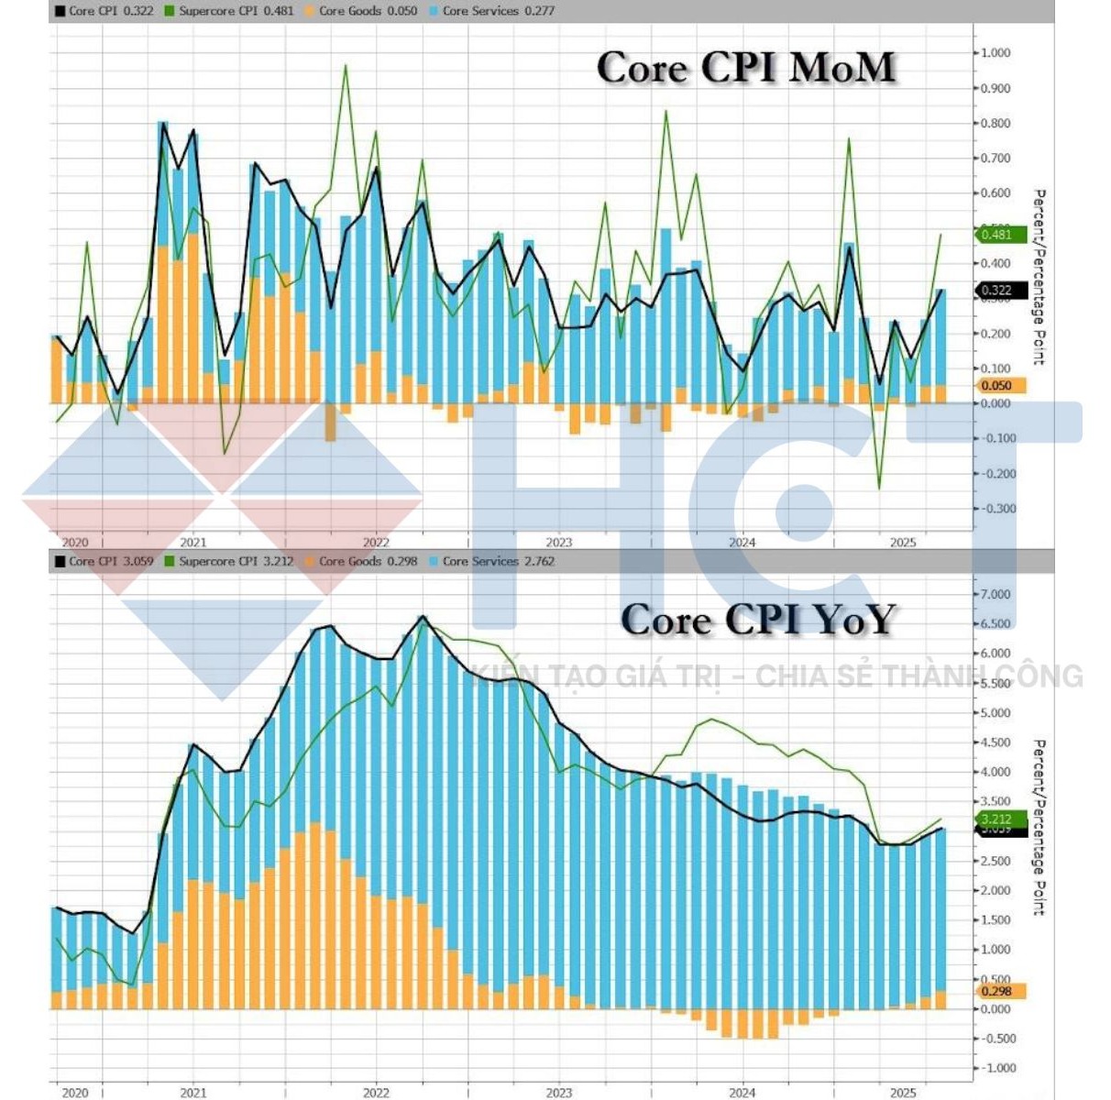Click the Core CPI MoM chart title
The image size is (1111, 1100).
(x=745, y=68)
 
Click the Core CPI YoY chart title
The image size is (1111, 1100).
(x=757, y=620)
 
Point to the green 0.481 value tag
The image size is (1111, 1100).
(x=997, y=235)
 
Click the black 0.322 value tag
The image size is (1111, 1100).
(x=997, y=291)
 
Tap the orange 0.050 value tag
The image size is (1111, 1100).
(x=997, y=386)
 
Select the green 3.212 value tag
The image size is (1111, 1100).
(x=996, y=819)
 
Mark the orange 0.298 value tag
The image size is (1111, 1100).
(x=997, y=991)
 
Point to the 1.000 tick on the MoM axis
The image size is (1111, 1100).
(x=995, y=53)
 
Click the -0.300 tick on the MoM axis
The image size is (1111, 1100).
(x=995, y=509)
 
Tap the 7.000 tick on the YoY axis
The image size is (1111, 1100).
(x=995, y=594)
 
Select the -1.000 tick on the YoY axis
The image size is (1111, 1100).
(x=995, y=1068)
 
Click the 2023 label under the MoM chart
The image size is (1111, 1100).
(x=558, y=542)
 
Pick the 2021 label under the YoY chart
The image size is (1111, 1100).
(x=193, y=1092)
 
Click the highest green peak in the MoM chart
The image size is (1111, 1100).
(x=346, y=65)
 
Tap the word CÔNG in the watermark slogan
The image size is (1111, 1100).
(x=1042, y=676)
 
